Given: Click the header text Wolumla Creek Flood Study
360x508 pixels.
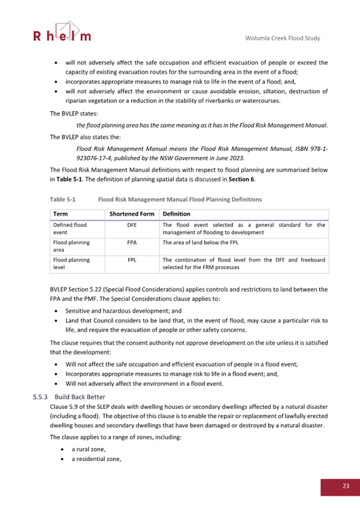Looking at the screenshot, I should pos(286,39).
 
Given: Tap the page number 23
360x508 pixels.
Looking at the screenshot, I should pos(345,486).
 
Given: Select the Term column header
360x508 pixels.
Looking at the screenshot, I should pos(60,214).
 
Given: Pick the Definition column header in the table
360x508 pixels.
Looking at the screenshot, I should pos(177,214).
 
